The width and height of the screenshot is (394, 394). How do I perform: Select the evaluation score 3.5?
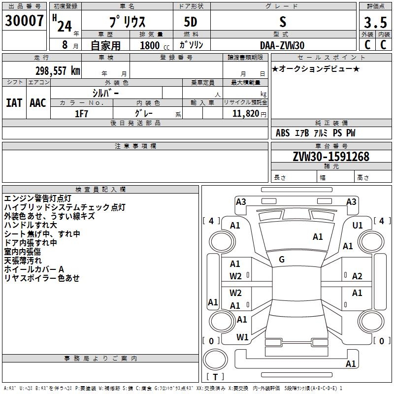click(375, 22)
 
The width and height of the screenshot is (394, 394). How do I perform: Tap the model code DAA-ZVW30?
click(282, 45)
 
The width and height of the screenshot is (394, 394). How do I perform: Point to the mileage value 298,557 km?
click(58, 71)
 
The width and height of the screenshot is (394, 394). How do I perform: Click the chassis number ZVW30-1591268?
click(330, 157)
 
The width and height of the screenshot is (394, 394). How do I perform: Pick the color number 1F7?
click(81, 113)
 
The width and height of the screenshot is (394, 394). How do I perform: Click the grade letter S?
click(282, 22)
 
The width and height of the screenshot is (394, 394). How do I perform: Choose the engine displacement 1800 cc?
click(150, 45)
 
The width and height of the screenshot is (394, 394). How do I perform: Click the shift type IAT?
click(14, 102)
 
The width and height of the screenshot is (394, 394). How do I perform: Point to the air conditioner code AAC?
click(38, 102)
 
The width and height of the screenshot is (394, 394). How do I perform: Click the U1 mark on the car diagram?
click(358, 225)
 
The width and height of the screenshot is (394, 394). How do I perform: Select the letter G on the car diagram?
click(282, 260)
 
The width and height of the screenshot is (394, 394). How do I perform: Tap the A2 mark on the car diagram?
click(357, 276)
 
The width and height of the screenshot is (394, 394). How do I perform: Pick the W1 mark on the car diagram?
click(242, 337)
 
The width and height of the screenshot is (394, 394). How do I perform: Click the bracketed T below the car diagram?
click(215, 377)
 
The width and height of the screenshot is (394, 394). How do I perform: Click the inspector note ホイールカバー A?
click(34, 269)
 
